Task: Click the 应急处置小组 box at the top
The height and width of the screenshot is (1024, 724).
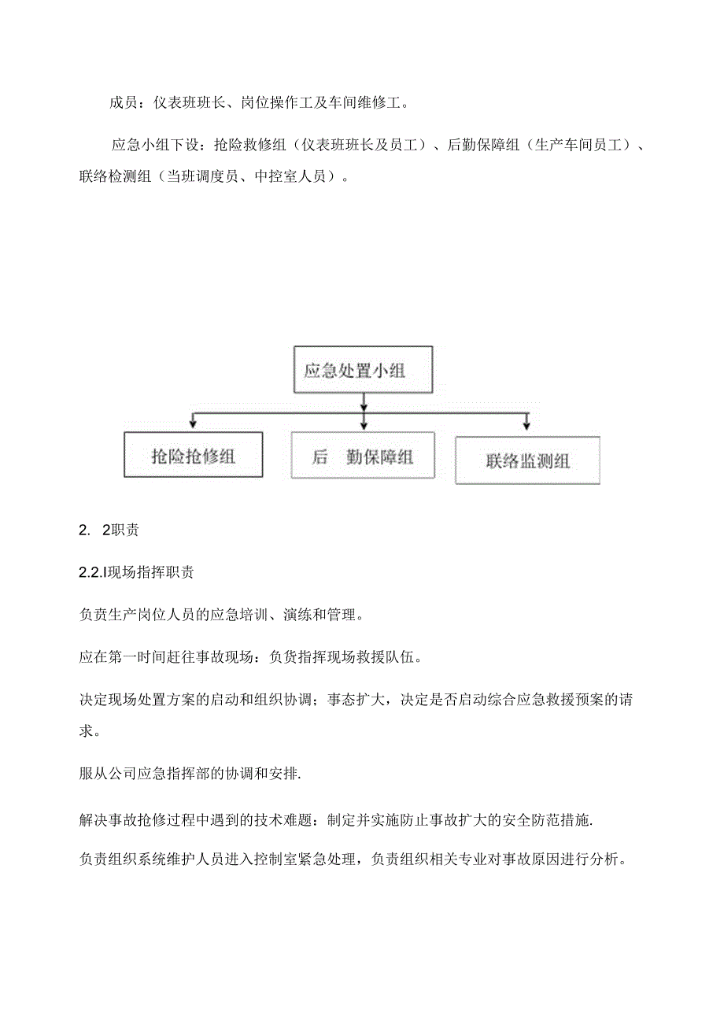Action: point(363,368)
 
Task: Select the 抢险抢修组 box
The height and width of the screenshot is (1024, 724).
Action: point(193,455)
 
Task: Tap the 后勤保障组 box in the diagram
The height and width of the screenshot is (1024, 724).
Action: point(363,456)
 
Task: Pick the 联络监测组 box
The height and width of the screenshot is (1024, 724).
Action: point(527,460)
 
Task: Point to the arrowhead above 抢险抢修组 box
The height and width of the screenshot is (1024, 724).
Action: point(193,425)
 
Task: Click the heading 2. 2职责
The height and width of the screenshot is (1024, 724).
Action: point(109,530)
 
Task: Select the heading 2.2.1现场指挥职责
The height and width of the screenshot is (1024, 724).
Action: point(137,572)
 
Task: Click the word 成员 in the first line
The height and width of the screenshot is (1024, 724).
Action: point(122,102)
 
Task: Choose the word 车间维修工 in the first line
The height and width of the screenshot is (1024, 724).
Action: point(363,102)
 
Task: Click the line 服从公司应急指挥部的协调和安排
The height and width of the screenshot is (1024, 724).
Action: point(190,774)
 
